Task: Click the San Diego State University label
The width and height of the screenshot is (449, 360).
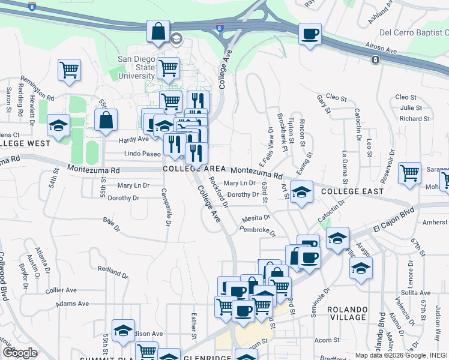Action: [x=136, y=68]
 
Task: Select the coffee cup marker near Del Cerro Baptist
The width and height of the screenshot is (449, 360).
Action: [x=310, y=34]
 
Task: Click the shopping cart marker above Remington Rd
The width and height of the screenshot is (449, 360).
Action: [x=70, y=70]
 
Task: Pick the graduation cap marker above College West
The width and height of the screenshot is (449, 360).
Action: [x=58, y=125]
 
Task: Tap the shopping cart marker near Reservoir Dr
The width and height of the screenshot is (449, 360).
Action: [x=409, y=173]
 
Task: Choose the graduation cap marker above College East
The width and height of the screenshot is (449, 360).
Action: [x=302, y=191]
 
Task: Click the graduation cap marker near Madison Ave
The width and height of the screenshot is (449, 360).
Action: [x=123, y=330]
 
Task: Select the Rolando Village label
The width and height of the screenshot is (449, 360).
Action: [x=348, y=313]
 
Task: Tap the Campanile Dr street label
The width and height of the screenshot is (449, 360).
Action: [x=166, y=208]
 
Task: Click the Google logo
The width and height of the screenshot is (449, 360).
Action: [x=20, y=353]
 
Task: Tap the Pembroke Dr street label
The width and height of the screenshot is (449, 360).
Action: [x=257, y=230]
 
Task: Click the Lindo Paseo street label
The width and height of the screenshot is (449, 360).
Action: [x=143, y=154]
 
